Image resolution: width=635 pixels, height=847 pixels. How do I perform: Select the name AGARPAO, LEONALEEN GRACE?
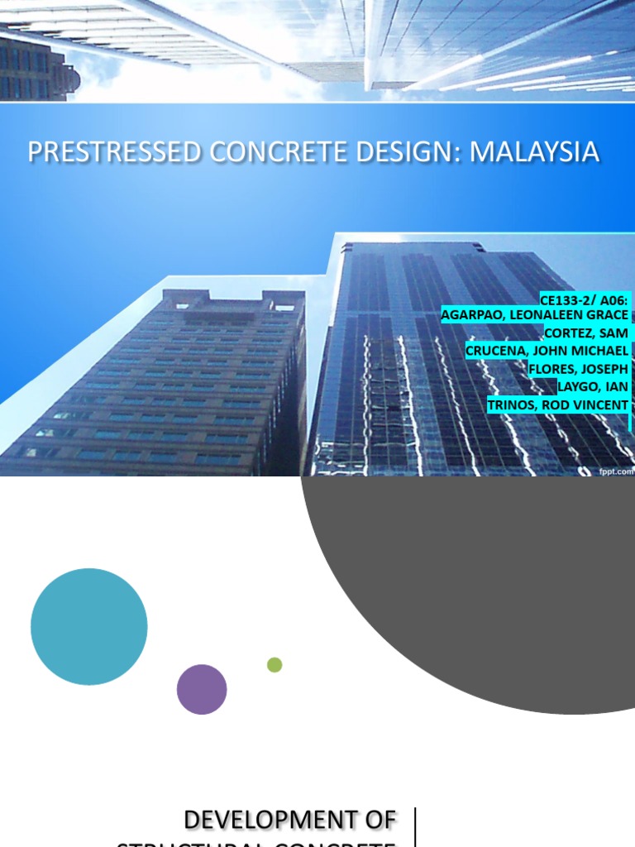(534, 315)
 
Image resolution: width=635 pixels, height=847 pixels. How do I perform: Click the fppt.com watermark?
(617, 471)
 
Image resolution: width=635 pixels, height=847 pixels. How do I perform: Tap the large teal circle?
(89, 627)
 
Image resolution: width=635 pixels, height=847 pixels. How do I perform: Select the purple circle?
(202, 690)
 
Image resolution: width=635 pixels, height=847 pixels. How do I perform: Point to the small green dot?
(275, 665)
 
